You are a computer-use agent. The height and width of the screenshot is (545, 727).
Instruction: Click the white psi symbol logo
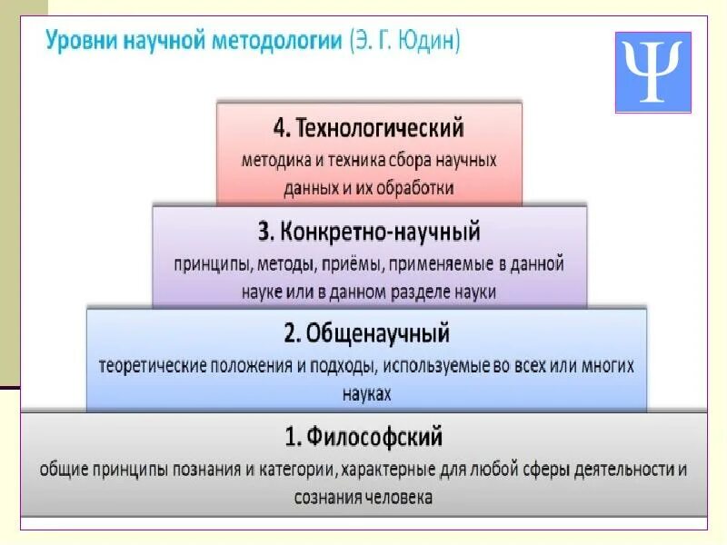coord(652,73)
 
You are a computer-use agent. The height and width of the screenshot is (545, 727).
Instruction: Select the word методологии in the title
coord(279,42)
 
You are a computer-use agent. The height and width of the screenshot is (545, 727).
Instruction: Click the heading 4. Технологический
coord(368,126)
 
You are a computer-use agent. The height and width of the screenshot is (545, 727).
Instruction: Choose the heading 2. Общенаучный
coord(366,333)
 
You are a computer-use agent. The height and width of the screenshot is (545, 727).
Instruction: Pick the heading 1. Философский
coord(363,437)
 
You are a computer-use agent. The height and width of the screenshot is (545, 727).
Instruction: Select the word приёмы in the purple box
coord(362,264)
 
